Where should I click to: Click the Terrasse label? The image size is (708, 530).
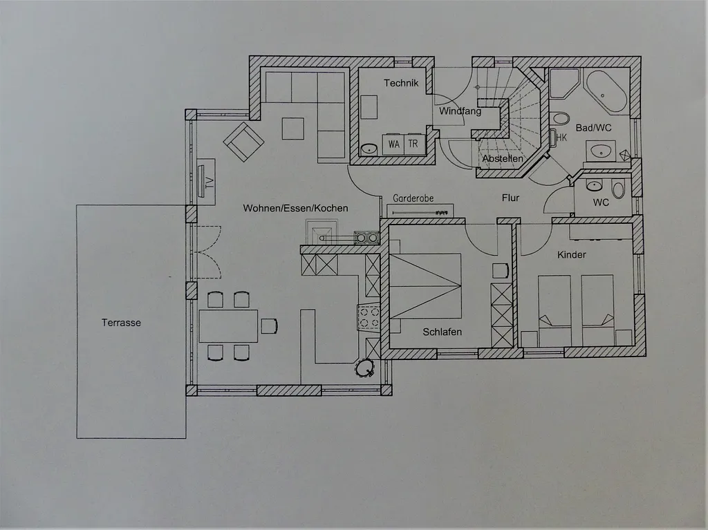pos(121,323)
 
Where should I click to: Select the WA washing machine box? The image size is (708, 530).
pos(393,144)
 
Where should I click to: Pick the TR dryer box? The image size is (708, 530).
pos(413,144)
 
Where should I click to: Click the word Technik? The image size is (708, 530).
pos(401,83)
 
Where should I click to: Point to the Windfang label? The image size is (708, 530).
pos(460,111)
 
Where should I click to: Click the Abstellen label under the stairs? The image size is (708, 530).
pos(503,158)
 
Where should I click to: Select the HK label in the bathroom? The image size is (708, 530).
pos(561,138)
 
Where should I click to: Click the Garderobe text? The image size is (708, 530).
pos(413,198)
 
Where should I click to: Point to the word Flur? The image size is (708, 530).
pos(511,198)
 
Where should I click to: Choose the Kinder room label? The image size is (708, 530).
pos(572,254)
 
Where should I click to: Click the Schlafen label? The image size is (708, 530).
pos(442,332)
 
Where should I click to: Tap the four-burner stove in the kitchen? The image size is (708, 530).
pos(369,317)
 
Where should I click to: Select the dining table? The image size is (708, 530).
pos(228,325)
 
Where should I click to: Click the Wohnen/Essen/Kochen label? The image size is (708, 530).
pos(295,208)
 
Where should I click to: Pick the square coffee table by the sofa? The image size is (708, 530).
pos(293,129)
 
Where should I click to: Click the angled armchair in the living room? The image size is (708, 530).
pos(244,142)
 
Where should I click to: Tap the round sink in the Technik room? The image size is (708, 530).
pos(369,149)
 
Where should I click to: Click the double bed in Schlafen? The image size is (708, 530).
pos(425,286)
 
